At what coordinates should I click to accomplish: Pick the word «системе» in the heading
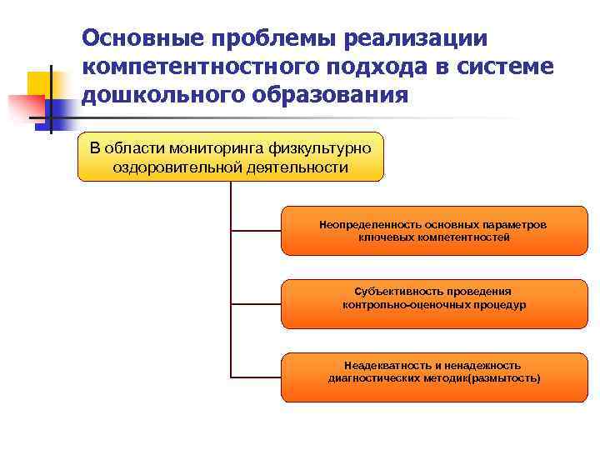click(x=508, y=66)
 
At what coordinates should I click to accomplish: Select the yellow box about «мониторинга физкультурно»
click(x=231, y=157)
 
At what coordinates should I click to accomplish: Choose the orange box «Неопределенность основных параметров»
click(x=433, y=231)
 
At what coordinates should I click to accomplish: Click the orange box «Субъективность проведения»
click(x=433, y=305)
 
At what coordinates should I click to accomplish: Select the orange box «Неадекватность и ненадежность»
click(x=433, y=377)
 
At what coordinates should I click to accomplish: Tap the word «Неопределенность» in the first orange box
click(x=370, y=225)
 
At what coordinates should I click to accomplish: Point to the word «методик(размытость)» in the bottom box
click(x=487, y=378)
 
